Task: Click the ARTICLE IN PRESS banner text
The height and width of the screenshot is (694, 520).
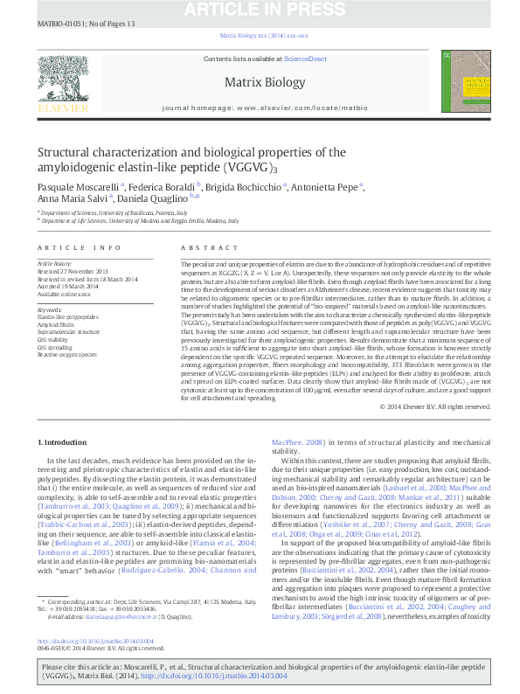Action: tap(260, 10)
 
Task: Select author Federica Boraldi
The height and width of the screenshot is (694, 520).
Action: tap(163, 186)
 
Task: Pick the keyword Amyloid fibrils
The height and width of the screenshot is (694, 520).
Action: tap(55, 323)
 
